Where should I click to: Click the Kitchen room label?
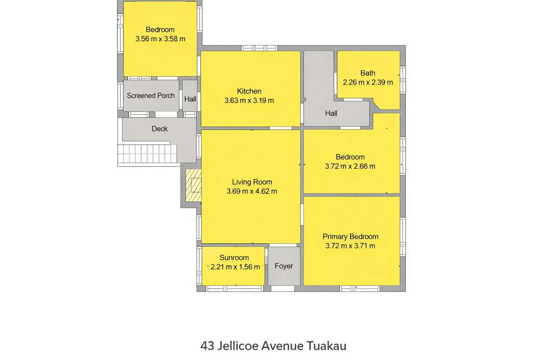pyautogui.click(x=249, y=91)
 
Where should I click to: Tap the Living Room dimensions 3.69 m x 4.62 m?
pyautogui.click(x=252, y=191)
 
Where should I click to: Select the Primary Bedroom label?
pyautogui.click(x=350, y=236)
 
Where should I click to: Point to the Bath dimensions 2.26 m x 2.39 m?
pyautogui.click(x=368, y=82)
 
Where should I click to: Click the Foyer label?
pyautogui.click(x=283, y=266)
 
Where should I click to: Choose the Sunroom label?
pyautogui.click(x=234, y=258)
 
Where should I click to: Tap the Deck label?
pyautogui.click(x=159, y=129)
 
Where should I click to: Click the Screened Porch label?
pyautogui.click(x=150, y=95)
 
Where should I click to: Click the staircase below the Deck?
pyautogui.click(x=144, y=153)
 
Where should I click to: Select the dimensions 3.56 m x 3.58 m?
pyautogui.click(x=160, y=39)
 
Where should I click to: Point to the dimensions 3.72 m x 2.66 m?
pyautogui.click(x=350, y=166)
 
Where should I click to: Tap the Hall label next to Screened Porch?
pyautogui.click(x=190, y=99)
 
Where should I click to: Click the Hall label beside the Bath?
pyautogui.click(x=331, y=113)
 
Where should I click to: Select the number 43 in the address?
pyautogui.click(x=207, y=346)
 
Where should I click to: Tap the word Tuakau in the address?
pyautogui.click(x=327, y=346)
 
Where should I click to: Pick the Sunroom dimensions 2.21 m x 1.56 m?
pyautogui.click(x=234, y=266)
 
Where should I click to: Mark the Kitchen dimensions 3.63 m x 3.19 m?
pyautogui.click(x=249, y=100)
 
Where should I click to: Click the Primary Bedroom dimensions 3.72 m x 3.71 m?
pyautogui.click(x=350, y=246)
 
